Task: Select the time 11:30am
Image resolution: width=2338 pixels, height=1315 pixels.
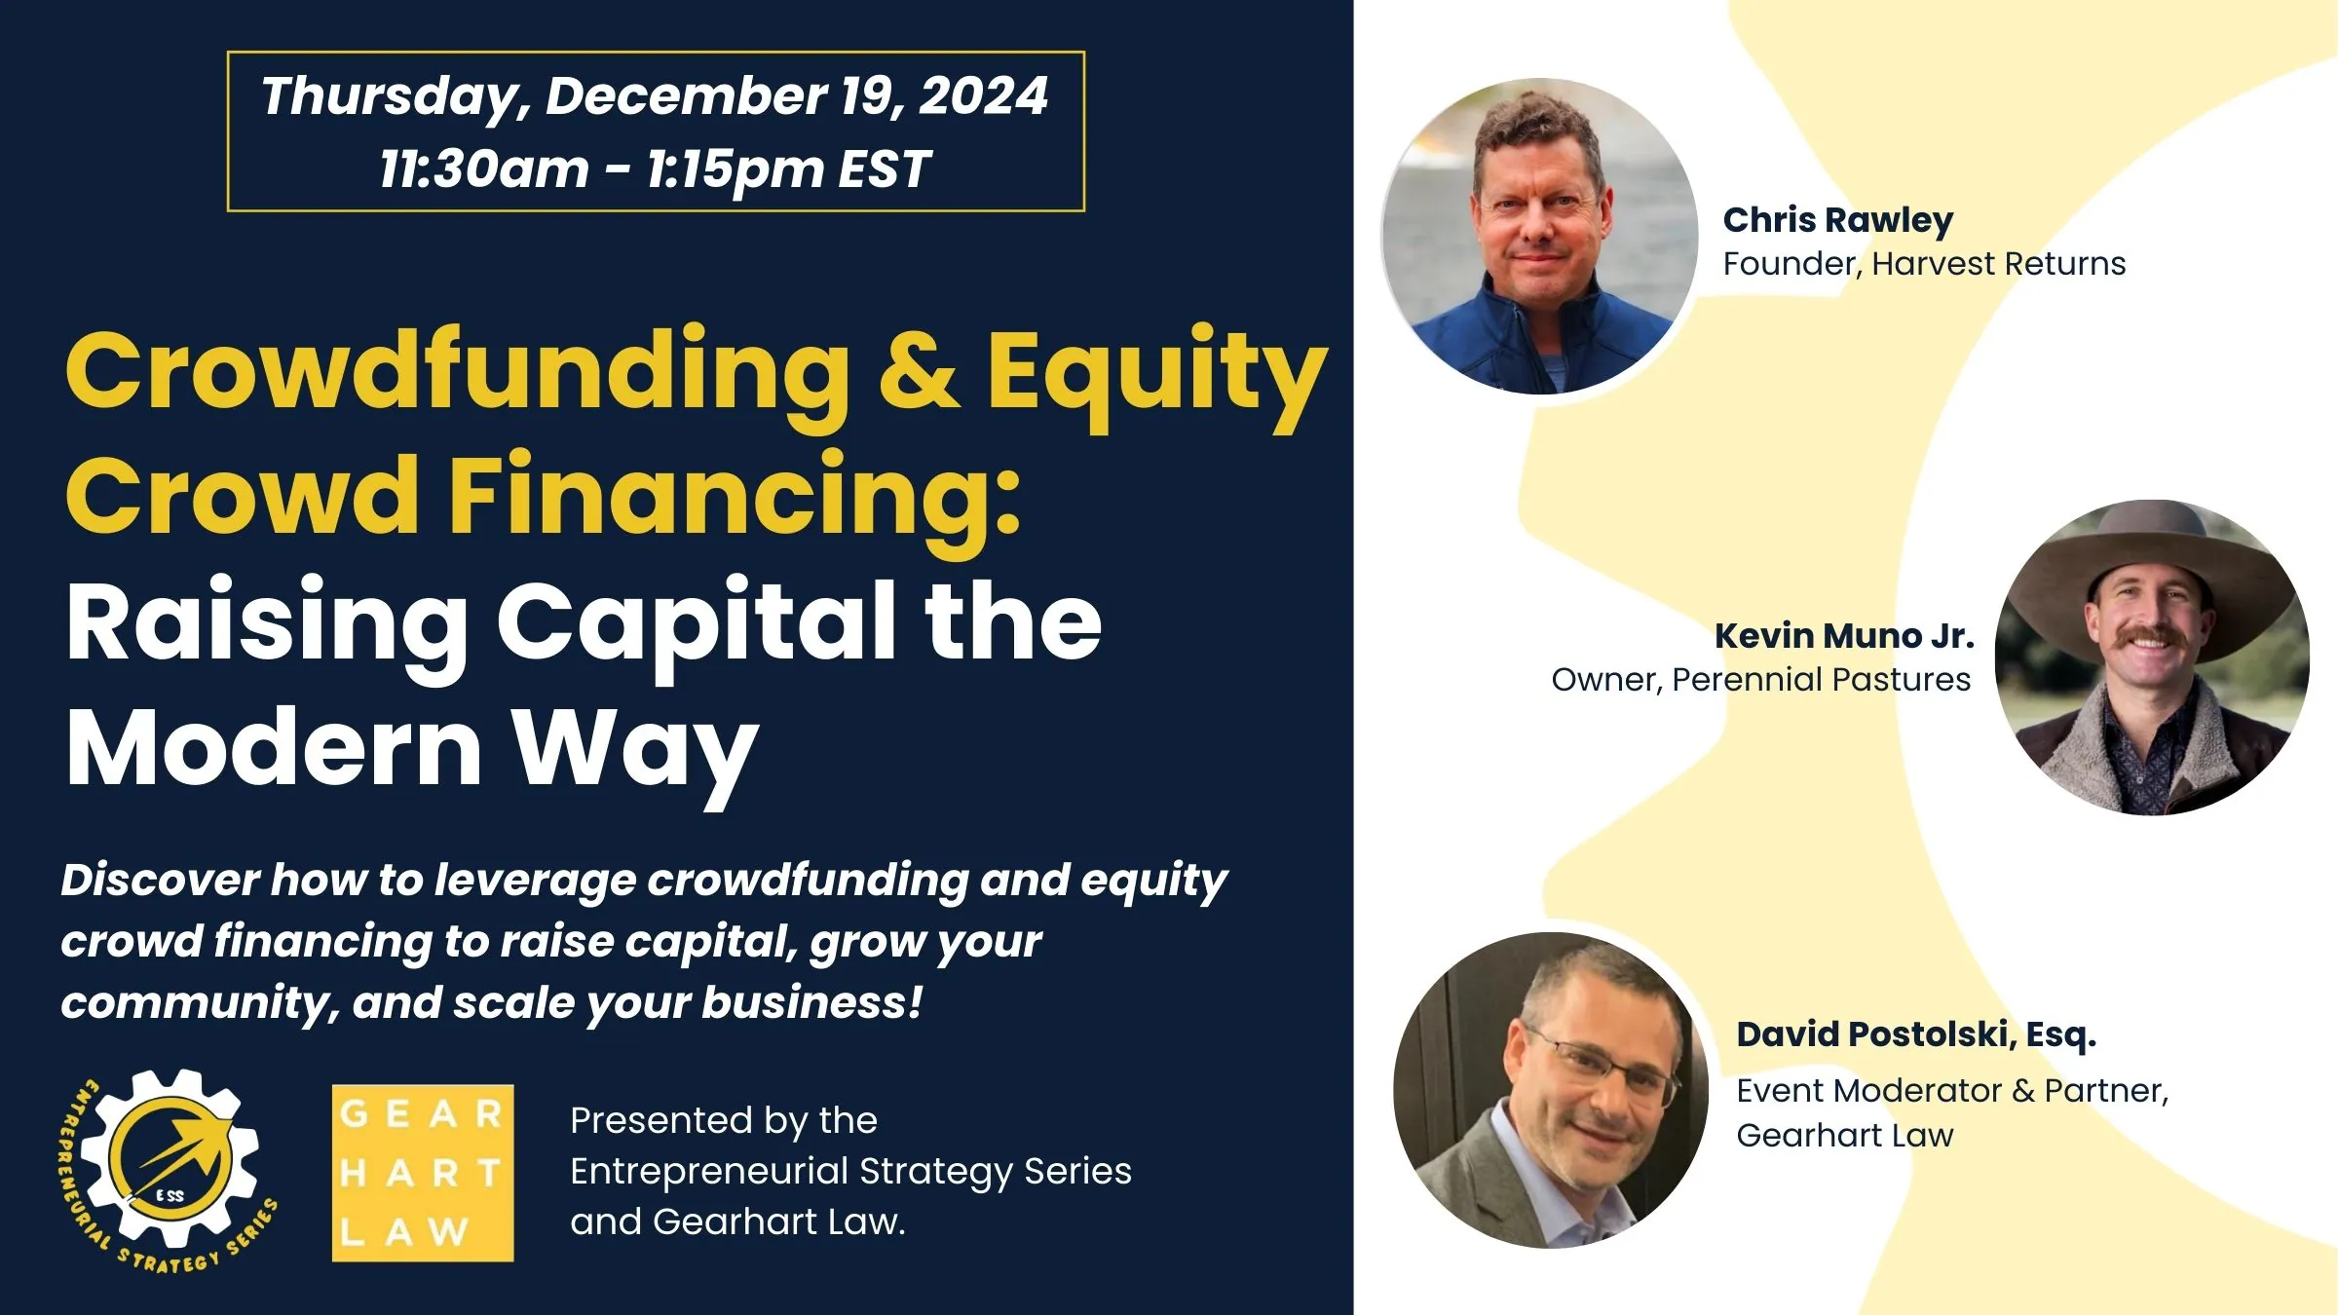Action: click(x=484, y=169)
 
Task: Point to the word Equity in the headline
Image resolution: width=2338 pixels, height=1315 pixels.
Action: click(x=1157, y=375)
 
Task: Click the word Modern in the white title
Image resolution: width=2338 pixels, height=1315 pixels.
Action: click(x=274, y=748)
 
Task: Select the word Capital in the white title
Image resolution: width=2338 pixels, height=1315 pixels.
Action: click(x=696, y=623)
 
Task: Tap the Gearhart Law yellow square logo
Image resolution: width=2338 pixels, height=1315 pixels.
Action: click(x=423, y=1173)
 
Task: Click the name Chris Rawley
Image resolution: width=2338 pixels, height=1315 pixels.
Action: click(x=1837, y=220)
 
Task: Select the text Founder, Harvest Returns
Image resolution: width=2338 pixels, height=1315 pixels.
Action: click(x=1923, y=264)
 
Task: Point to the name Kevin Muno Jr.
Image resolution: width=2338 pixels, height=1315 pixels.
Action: click(x=1844, y=636)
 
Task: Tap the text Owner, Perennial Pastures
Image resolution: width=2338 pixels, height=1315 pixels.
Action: click(x=1760, y=680)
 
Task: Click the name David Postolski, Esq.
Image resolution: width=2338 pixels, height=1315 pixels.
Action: click(x=1915, y=1034)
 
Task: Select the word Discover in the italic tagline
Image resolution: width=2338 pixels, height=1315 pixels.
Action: click(x=159, y=881)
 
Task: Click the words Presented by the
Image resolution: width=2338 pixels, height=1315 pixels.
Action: click(x=723, y=1121)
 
